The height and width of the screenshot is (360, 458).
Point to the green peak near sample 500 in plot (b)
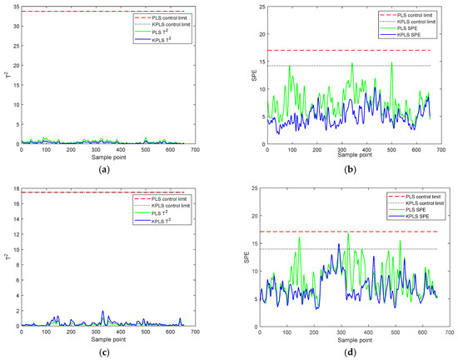[x=391, y=62]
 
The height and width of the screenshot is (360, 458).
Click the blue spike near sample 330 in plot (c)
[x=102, y=312]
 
